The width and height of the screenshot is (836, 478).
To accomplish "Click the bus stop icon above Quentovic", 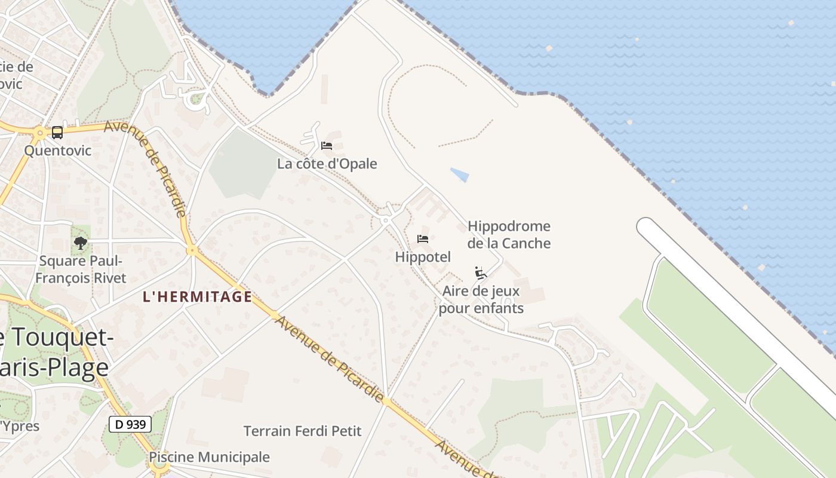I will tap(57, 132).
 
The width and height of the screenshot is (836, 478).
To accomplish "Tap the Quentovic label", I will tap(58, 150).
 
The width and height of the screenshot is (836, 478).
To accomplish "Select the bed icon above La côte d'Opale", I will tap(326, 145).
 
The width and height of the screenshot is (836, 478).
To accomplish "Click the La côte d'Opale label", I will tap(327, 164).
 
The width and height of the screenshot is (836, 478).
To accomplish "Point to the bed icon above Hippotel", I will tap(423, 239).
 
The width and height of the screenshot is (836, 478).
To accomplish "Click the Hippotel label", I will tap(423, 257).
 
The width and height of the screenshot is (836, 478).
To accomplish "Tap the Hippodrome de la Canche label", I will tap(509, 235).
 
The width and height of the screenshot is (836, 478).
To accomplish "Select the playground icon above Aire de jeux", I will tap(481, 273).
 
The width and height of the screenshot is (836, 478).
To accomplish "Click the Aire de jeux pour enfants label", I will tap(481, 300).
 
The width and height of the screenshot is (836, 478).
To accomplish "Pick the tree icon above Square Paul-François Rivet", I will tap(80, 243).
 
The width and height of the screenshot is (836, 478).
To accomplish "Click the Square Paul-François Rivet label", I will tap(81, 269).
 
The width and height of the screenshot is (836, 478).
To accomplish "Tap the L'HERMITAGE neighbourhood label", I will tap(197, 296).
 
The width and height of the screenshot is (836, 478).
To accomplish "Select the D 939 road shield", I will tap(130, 425).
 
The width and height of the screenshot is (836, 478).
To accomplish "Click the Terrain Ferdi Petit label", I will tap(303, 431).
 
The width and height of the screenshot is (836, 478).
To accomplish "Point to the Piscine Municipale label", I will tap(209, 458).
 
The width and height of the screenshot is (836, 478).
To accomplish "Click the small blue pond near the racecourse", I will tap(460, 174).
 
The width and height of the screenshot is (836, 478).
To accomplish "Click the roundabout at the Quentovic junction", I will tap(40, 133).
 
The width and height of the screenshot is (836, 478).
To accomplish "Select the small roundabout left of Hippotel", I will tap(386, 220).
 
